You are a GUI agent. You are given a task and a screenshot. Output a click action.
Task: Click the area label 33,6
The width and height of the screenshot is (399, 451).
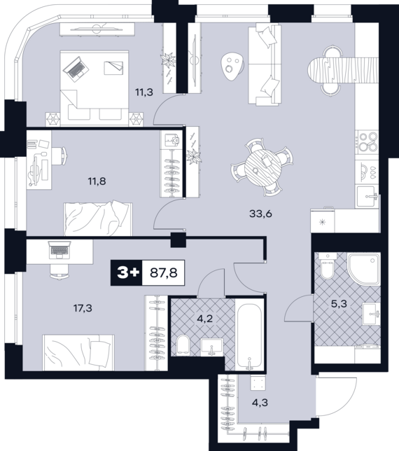[260, 214]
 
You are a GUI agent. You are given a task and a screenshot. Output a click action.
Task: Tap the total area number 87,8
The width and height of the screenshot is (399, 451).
[164, 272]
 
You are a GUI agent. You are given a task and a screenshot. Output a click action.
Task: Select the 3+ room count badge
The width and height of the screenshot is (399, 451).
[127, 272]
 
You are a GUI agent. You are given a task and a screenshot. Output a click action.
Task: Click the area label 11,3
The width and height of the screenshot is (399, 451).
[144, 92]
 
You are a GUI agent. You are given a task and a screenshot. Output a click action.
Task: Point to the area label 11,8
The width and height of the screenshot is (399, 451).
[97, 181]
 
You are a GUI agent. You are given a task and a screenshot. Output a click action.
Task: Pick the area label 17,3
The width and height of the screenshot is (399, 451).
[83, 308]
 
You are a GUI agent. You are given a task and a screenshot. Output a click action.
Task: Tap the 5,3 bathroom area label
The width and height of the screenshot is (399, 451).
[339, 304]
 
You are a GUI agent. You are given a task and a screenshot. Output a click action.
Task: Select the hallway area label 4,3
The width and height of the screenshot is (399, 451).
[260, 403]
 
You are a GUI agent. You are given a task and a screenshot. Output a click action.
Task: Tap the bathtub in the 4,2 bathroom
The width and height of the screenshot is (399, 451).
[249, 335]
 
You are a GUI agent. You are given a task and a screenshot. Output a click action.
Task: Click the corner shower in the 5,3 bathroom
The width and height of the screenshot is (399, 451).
[364, 269]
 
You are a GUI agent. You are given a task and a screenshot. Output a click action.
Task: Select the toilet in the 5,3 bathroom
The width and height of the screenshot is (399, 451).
[328, 265]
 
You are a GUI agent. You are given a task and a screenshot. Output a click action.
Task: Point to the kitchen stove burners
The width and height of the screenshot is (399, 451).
[367, 142]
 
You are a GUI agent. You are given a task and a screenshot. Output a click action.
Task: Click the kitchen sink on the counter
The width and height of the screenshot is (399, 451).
[367, 197]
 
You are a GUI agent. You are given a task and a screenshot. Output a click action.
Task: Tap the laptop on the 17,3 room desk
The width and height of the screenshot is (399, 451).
[59, 249]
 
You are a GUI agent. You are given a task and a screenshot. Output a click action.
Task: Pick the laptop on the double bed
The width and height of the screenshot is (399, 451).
[76, 69]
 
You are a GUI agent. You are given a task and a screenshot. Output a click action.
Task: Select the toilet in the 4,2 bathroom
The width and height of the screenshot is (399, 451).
[183, 344]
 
